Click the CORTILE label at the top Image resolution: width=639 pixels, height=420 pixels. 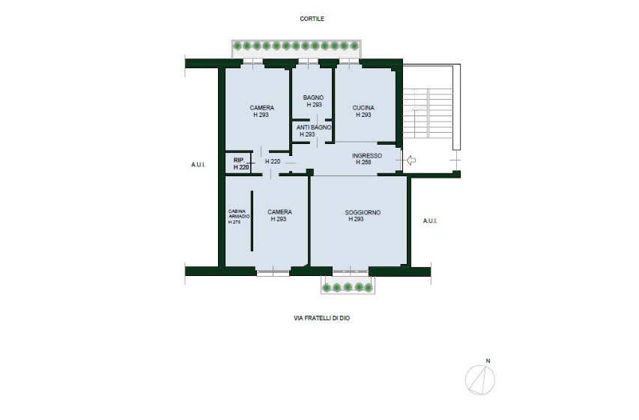312,19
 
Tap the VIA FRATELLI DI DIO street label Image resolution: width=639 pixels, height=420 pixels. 321,318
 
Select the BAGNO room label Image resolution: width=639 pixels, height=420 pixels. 313,97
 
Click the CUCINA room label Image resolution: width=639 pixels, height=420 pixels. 363,108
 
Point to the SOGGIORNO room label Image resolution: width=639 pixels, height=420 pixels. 363,212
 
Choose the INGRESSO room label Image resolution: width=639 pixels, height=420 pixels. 367,155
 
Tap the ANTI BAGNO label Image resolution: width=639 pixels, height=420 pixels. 313,127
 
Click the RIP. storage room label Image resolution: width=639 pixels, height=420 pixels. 239,160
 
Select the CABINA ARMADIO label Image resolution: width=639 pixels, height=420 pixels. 239,214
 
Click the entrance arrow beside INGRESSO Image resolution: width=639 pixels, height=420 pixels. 411,160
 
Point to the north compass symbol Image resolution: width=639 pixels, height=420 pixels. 480,380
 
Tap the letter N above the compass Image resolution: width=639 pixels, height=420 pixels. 488,361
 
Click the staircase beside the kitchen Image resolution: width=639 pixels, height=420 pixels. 428,118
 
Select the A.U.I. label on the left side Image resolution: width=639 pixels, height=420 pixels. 199,165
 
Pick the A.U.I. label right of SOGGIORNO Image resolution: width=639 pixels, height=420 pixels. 430,220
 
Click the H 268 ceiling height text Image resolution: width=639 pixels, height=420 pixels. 363,162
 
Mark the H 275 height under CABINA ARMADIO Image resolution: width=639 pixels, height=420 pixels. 234,222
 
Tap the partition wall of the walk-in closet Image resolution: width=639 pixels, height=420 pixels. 252,220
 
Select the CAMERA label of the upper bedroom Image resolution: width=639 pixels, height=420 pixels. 261,108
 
